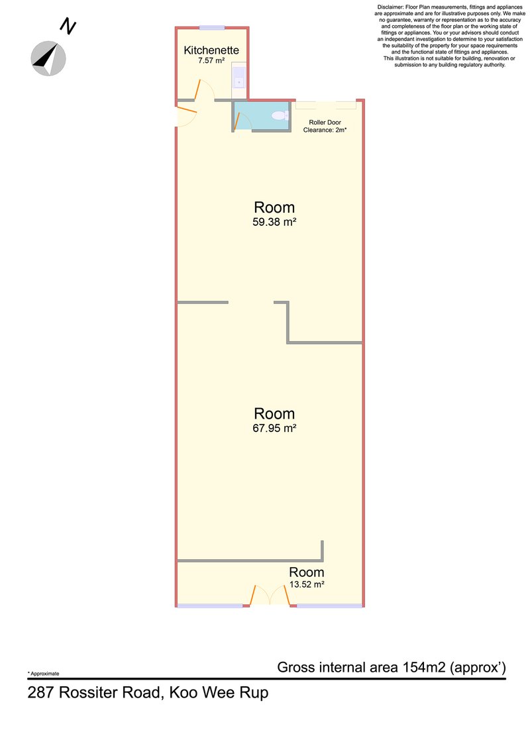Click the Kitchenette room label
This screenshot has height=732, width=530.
211,50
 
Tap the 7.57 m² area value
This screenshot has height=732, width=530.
211,61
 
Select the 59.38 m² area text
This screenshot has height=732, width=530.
274,222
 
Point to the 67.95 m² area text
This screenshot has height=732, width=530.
274,428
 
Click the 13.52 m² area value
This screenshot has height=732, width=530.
306,584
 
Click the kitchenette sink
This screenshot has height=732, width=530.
238,77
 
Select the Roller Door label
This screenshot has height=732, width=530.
325,123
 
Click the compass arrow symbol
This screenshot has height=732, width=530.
48,58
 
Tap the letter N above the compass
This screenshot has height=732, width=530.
68,26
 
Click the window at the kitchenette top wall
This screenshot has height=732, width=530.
212,28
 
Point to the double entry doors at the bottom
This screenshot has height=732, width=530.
270,596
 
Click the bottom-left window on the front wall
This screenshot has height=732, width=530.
210,605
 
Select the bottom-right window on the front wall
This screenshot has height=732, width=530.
330,605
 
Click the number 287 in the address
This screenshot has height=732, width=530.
41,692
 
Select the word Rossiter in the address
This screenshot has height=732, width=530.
88,692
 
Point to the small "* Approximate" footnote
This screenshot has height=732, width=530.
44,674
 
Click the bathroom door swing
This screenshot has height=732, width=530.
242,121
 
